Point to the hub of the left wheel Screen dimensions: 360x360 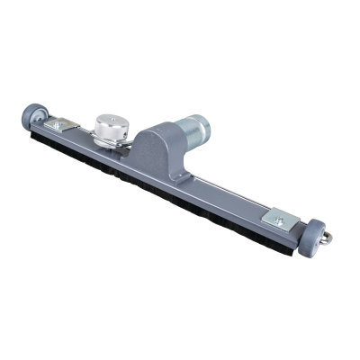29,116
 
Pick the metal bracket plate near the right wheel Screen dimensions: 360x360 278,218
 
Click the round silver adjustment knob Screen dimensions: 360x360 112,128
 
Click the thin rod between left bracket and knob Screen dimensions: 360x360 86,131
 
